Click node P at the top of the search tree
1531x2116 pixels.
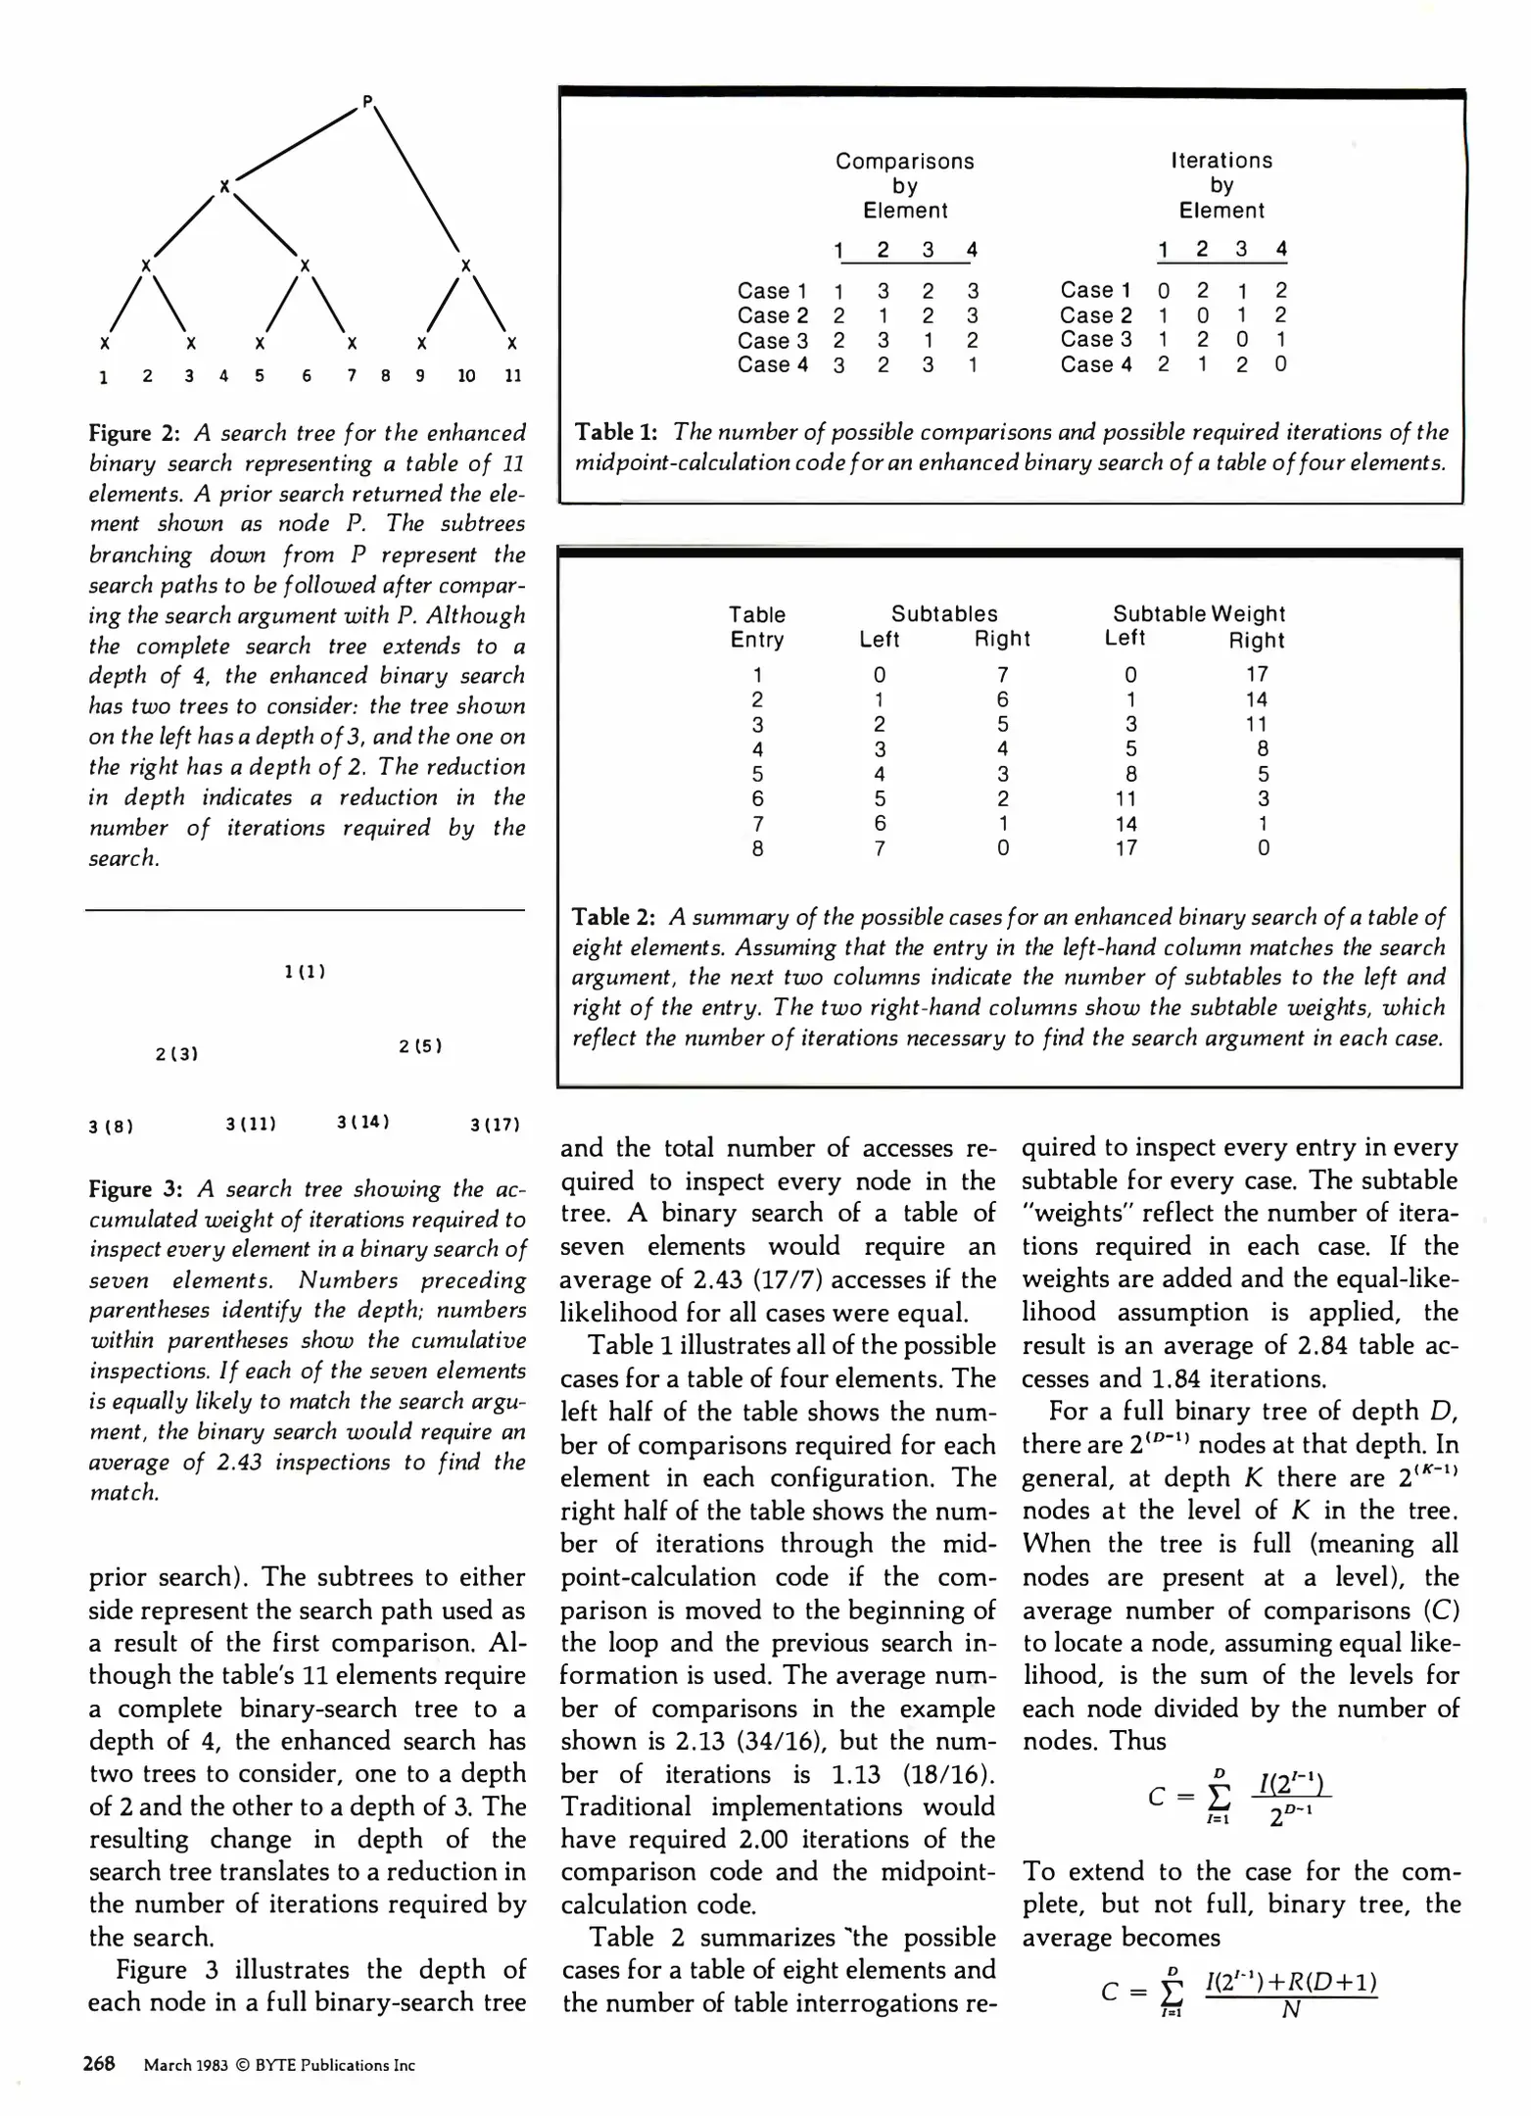pyautogui.click(x=367, y=100)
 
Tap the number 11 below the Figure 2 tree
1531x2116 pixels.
pyautogui.click(x=512, y=375)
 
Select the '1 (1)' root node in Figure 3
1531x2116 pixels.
pyautogui.click(x=305, y=972)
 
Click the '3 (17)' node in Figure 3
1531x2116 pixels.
pyautogui.click(x=495, y=1125)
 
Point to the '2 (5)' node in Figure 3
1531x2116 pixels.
pyautogui.click(x=420, y=1046)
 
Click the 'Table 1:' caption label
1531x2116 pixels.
pyautogui.click(x=615, y=432)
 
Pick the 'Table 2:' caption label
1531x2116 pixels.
pyautogui.click(x=613, y=917)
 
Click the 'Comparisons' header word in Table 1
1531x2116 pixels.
pyautogui.click(x=904, y=161)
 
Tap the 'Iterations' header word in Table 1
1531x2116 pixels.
pyautogui.click(x=1221, y=161)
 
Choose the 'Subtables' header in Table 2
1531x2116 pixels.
pyautogui.click(x=944, y=614)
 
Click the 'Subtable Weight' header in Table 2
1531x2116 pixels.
pyautogui.click(x=1199, y=614)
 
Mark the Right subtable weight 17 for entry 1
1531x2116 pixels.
pyautogui.click(x=1257, y=674)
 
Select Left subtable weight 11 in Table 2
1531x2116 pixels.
pyautogui.click(x=1126, y=798)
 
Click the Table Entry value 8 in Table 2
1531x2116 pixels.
pyautogui.click(x=757, y=848)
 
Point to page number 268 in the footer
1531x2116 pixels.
pyautogui.click(x=99, y=2064)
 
